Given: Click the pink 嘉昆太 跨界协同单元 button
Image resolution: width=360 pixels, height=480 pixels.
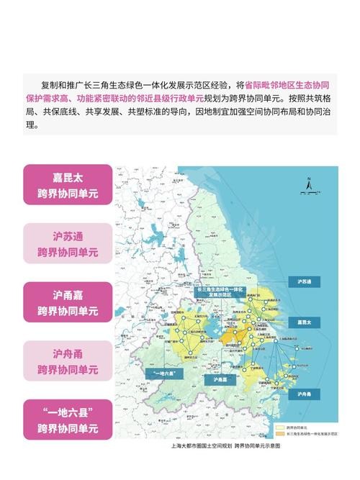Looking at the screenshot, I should click(x=68, y=184).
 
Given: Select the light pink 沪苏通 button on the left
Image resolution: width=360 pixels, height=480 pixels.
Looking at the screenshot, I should click(x=68, y=243).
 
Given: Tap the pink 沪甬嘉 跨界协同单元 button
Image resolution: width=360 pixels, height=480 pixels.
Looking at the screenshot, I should click(x=68, y=302).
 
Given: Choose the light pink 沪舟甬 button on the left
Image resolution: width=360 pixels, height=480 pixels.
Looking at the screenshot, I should click(x=68, y=360).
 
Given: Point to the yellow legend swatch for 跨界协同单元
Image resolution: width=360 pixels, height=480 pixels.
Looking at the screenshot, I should click(x=283, y=426).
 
